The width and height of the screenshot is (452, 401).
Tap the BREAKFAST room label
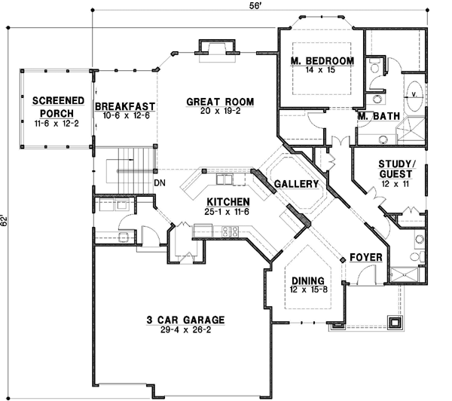(x=124, y=106)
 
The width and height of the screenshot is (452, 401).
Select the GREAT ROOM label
(x=220, y=102)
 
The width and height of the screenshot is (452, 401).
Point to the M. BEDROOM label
(x=322, y=60)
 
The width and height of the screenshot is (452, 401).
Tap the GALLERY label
(x=296, y=184)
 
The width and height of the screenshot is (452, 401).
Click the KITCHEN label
(x=228, y=201)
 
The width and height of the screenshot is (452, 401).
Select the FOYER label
(x=366, y=258)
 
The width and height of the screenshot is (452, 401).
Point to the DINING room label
(x=305, y=277)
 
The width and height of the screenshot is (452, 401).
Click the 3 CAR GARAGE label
(x=185, y=319)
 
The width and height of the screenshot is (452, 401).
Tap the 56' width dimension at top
(x=256, y=7)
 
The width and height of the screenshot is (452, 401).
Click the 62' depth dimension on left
(x=5, y=222)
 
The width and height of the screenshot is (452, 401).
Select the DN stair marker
(x=160, y=182)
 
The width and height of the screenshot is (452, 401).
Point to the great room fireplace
(x=214, y=49)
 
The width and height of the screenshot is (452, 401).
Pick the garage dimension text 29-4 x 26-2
(x=185, y=330)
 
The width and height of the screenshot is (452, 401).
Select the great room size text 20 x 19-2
(x=220, y=112)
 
